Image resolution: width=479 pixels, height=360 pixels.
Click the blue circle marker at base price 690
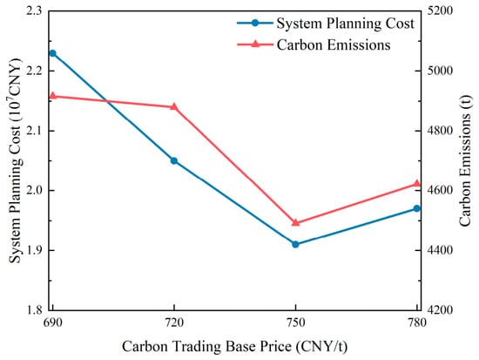point(52,53)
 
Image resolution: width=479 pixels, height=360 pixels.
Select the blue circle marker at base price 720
point(174,161)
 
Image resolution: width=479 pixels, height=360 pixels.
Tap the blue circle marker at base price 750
point(295,244)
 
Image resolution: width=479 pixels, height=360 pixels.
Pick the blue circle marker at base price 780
point(417,208)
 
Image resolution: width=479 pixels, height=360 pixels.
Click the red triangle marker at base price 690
point(52,96)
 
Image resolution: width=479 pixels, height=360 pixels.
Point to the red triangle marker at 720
point(174,106)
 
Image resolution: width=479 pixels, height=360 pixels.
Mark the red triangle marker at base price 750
point(295,222)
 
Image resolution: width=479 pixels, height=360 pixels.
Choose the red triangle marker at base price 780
point(417,184)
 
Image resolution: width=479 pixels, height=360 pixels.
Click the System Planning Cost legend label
point(346,24)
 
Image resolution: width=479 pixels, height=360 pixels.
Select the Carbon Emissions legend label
point(334,44)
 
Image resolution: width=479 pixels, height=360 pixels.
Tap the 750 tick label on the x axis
point(295,323)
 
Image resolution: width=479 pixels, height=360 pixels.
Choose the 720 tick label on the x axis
point(174,323)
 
